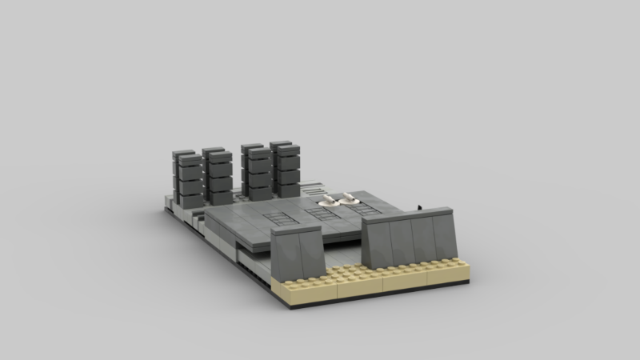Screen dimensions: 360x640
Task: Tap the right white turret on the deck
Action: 350,201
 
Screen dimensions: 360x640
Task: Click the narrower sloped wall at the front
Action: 297,249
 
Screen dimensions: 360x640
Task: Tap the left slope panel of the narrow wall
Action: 286,250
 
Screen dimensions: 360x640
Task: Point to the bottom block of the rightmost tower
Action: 288,189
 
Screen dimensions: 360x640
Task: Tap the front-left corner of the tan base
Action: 286,301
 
